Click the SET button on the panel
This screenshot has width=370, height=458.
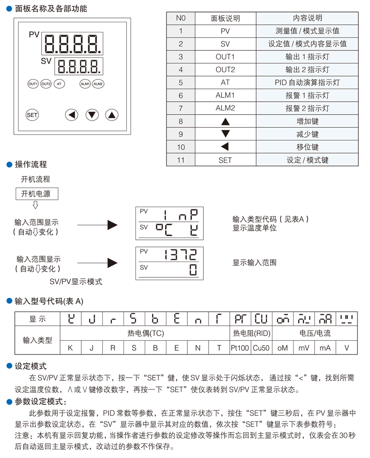32,115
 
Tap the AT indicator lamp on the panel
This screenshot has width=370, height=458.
59,84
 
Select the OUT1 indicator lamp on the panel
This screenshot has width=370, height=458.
33,84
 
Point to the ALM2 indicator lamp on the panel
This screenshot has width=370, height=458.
98,84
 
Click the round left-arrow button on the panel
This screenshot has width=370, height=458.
71,115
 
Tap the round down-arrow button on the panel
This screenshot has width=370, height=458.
92,115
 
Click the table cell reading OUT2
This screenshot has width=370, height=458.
225,70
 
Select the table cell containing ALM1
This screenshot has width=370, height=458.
225,96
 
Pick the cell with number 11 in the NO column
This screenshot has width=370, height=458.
180,160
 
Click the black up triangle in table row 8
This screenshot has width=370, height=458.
225,122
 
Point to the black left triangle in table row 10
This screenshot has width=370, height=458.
225,147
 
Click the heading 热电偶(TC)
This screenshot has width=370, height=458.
146,333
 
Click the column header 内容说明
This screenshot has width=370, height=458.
307,18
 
